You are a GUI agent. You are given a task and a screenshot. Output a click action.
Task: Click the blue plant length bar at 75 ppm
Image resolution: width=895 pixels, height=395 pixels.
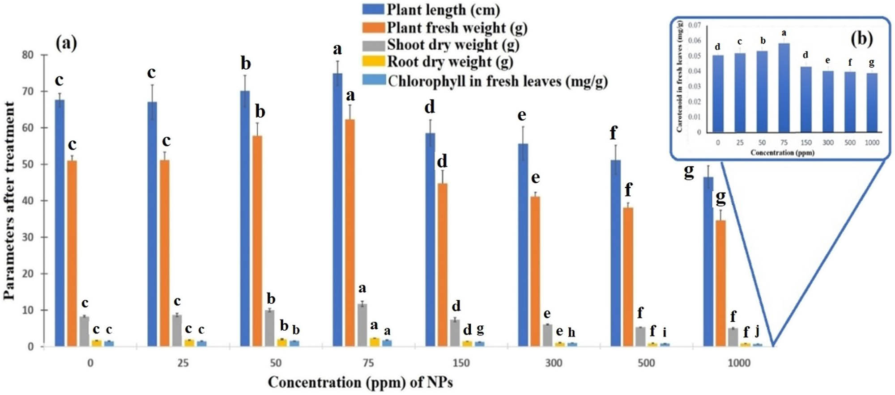(338, 210)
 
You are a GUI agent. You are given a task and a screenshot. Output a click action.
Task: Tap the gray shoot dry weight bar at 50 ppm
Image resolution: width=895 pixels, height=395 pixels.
(269, 328)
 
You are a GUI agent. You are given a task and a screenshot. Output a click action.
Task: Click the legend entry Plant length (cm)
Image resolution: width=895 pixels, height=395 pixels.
(431, 9)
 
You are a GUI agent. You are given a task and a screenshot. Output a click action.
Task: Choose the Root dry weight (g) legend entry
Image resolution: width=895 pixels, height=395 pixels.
(438, 62)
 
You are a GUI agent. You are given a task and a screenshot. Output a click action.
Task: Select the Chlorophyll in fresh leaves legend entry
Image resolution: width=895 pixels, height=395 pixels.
(485, 81)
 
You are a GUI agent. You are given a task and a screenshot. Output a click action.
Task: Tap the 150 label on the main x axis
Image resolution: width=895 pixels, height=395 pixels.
(461, 363)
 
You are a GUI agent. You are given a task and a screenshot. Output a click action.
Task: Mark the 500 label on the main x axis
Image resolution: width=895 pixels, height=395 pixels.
(646, 363)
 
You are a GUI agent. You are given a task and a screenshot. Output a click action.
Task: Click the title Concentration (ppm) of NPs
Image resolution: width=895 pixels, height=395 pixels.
(360, 382)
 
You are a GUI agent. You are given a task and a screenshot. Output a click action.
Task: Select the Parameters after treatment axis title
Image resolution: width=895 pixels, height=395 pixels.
(9, 201)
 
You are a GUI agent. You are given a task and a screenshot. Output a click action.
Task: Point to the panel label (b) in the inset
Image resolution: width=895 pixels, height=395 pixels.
(862, 39)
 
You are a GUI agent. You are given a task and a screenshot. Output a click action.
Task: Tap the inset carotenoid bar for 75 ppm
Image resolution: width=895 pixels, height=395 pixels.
(784, 88)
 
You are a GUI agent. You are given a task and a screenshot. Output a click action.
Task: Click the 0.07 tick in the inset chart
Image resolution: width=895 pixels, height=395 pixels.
(695, 25)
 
